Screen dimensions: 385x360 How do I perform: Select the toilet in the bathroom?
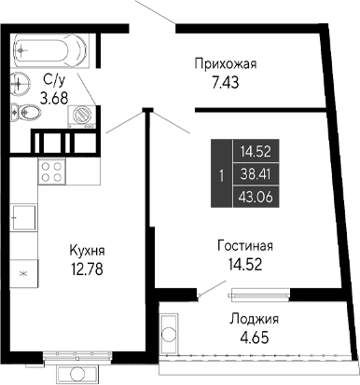click(x=28, y=115)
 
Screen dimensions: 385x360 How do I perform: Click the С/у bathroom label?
click(x=54, y=80)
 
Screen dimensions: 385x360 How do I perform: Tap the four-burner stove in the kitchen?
click(x=52, y=172)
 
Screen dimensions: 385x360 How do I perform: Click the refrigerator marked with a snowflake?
click(x=23, y=274)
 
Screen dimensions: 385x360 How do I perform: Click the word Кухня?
click(x=87, y=250)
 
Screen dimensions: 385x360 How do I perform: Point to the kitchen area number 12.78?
click(x=87, y=270)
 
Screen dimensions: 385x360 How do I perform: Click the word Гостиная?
click(x=245, y=246)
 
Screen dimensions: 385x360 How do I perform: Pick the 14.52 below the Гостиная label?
click(x=245, y=266)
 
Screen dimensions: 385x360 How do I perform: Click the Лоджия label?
click(x=253, y=319)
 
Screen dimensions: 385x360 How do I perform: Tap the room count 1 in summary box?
click(x=220, y=173)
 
